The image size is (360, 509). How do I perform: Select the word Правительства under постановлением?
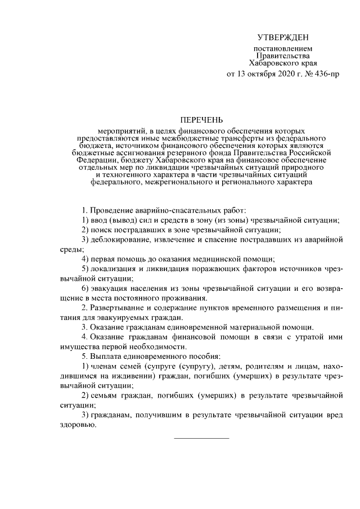283,56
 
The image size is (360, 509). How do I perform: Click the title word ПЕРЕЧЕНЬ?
201,120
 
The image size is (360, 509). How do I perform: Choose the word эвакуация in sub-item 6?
111,288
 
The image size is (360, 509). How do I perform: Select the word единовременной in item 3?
195,327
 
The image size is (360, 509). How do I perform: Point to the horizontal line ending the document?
201,437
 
